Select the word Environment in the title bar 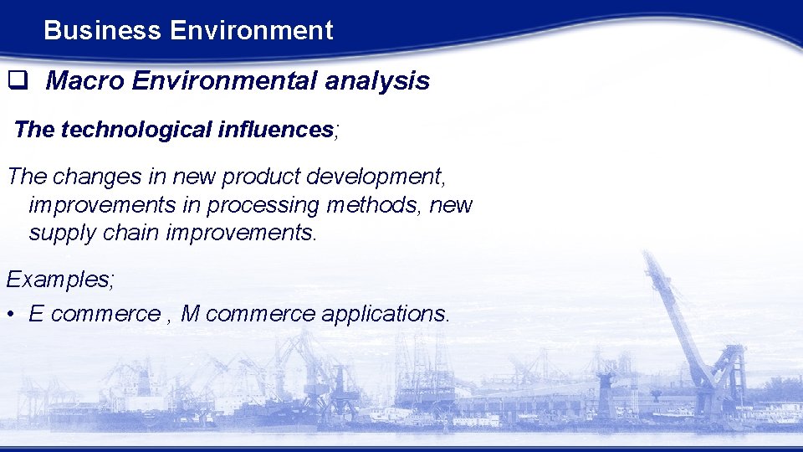point(251,31)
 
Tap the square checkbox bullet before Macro point(16,81)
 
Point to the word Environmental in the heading point(224,81)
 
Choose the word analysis point(377,81)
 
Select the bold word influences point(275,130)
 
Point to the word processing point(263,205)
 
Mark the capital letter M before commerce point(191,314)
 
